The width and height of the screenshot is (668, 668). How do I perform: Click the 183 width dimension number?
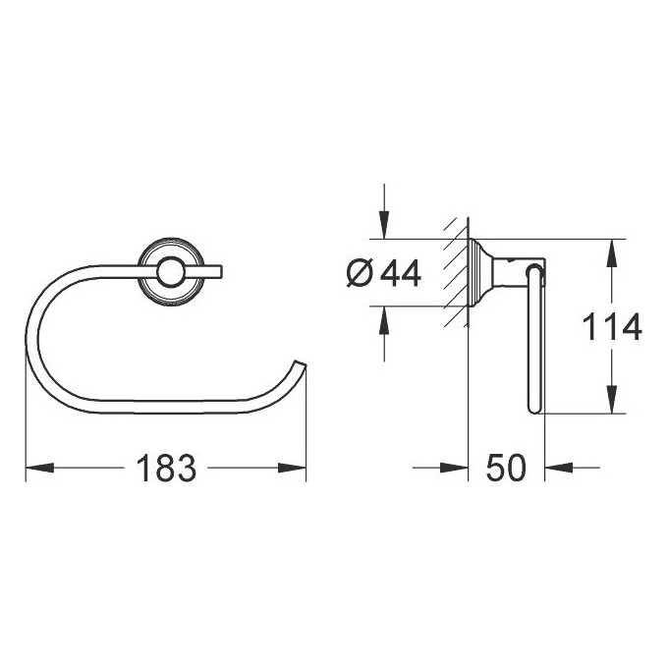[166, 468]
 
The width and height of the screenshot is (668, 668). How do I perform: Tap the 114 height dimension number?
[612, 327]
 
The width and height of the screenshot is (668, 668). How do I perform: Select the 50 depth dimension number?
[506, 468]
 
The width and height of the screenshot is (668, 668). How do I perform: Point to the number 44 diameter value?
[401, 273]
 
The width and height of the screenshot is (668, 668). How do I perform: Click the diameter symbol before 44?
[360, 273]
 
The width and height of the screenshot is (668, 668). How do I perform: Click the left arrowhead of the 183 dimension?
[39, 468]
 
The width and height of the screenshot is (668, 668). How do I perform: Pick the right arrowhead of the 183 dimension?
[293, 468]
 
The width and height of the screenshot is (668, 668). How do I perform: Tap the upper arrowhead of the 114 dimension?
[612, 253]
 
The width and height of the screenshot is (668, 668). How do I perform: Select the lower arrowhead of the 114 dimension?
[612, 399]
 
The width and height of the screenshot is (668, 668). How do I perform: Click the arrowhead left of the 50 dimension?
[454, 468]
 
